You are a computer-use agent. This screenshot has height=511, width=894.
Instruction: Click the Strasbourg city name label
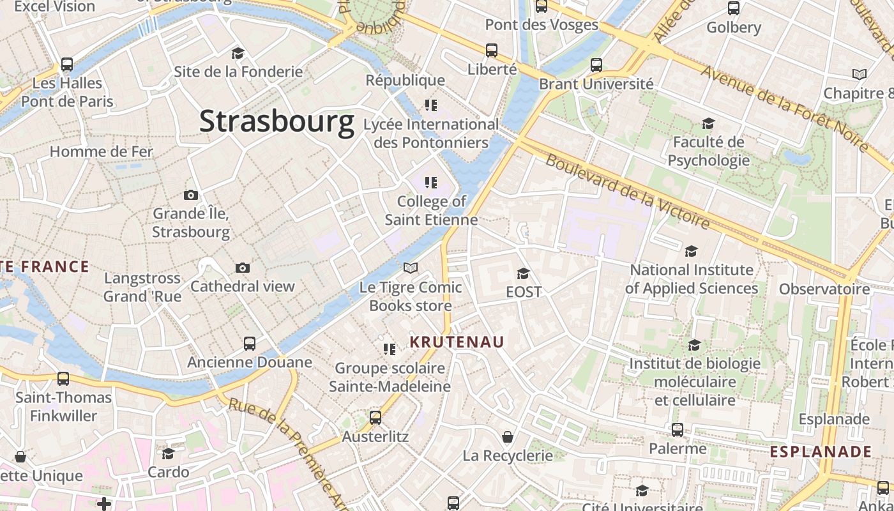(277, 121)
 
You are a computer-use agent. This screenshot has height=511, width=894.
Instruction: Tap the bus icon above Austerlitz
(375, 418)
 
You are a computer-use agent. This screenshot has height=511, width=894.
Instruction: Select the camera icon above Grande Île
(190, 195)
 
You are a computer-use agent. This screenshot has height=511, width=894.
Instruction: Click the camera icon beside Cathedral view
(242, 268)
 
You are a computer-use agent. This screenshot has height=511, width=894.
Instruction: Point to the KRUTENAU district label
(457, 342)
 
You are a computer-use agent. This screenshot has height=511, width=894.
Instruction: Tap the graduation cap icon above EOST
(523, 273)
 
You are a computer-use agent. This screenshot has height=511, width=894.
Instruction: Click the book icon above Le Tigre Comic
(411, 268)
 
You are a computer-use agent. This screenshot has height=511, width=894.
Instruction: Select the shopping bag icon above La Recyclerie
(508, 437)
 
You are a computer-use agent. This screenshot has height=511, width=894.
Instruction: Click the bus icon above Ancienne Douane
(250, 344)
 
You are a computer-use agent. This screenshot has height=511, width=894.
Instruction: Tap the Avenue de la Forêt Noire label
(785, 107)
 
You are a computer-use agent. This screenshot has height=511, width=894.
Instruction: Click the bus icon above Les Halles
(67, 65)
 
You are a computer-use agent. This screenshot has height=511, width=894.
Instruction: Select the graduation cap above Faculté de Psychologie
(708, 123)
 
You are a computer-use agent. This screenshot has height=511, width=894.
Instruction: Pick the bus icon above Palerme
(678, 430)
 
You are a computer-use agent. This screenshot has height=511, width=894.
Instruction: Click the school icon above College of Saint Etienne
(431, 183)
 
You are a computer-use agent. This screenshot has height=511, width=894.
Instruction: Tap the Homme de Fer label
(102, 151)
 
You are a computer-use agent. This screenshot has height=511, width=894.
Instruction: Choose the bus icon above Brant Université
(596, 65)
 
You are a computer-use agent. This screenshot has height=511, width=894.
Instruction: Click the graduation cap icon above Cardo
(168, 454)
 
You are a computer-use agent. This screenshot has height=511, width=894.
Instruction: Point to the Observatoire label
(824, 289)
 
